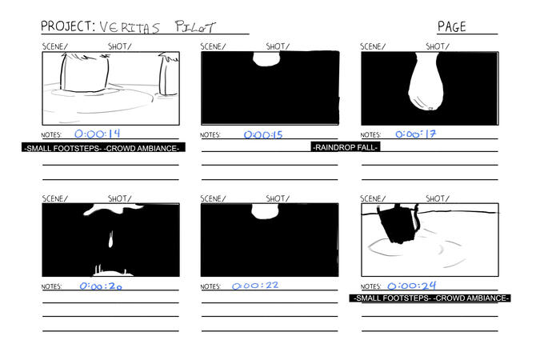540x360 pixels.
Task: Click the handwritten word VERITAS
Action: (130, 27)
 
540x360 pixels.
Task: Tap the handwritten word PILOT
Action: (195, 26)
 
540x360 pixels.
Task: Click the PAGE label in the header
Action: (451, 26)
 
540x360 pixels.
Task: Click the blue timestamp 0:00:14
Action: (98, 134)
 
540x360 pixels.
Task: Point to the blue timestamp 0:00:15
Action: (263, 134)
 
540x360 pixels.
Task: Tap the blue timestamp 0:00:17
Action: (416, 134)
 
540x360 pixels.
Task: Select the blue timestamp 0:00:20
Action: (101, 286)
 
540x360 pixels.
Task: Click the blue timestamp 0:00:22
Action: (255, 286)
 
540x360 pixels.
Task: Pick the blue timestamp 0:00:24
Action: (412, 286)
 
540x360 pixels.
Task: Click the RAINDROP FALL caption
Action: (346, 147)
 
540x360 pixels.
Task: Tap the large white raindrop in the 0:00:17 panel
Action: (426, 82)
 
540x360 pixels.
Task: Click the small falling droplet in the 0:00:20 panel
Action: (111, 239)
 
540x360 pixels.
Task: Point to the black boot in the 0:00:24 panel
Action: (399, 224)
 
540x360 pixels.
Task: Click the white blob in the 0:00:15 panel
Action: (266, 59)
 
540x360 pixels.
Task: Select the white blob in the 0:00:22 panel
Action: (265, 211)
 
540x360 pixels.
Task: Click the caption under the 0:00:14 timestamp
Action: (103, 148)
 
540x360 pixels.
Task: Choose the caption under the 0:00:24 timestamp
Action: (430, 298)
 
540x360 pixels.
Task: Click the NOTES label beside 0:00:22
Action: (210, 286)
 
